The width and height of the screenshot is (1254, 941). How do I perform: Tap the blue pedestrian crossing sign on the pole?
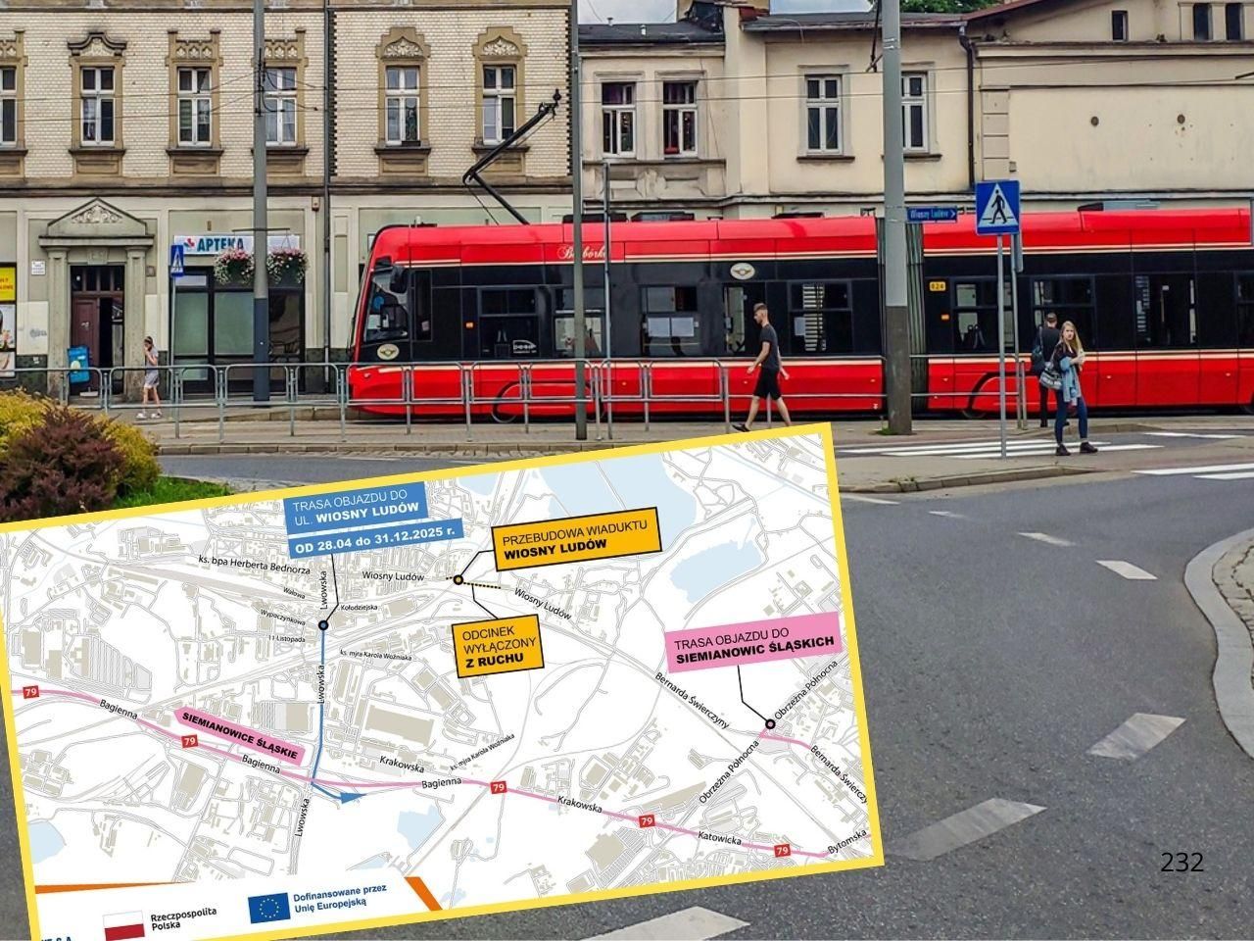[x=997, y=207]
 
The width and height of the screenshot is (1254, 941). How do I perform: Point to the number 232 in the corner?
[x=1182, y=863]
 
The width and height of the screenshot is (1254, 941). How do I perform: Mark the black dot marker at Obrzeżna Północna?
[x=770, y=724]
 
